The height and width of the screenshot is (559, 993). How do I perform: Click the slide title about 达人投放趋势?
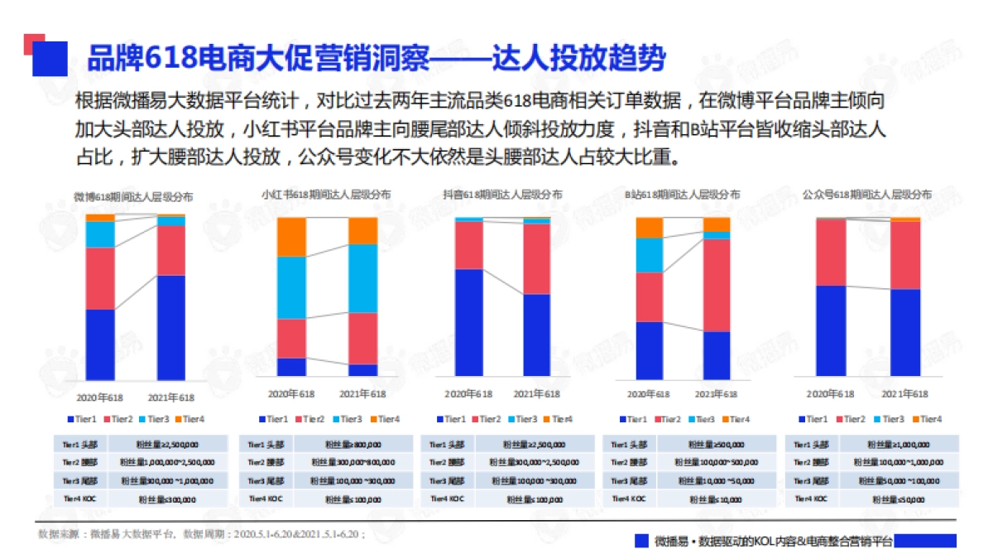pyautogui.click(x=377, y=58)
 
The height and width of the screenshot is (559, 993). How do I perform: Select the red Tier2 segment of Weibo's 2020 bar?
pyautogui.click(x=100, y=278)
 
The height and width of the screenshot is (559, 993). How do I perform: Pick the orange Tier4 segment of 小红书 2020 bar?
pyautogui.click(x=291, y=237)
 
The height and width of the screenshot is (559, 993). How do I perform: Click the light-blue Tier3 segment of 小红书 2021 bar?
pyautogui.click(x=362, y=278)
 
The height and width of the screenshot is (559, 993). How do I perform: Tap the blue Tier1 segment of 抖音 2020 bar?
pyautogui.click(x=469, y=323)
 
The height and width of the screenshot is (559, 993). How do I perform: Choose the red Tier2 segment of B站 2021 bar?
pyautogui.click(x=717, y=285)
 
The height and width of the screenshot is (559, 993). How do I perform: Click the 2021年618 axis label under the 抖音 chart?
pyautogui.click(x=536, y=394)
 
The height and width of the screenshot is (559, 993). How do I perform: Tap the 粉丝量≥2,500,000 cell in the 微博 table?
pyautogui.click(x=167, y=445)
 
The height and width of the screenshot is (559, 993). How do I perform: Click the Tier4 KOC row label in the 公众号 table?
pyautogui.click(x=811, y=499)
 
